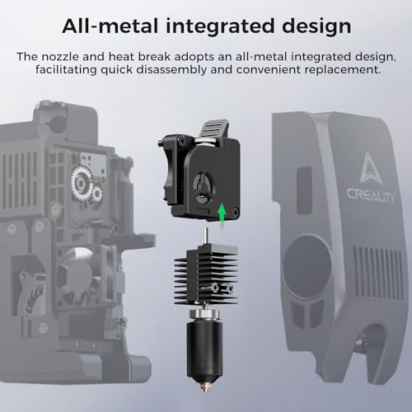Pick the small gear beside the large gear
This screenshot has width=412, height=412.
coord(97,194)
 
